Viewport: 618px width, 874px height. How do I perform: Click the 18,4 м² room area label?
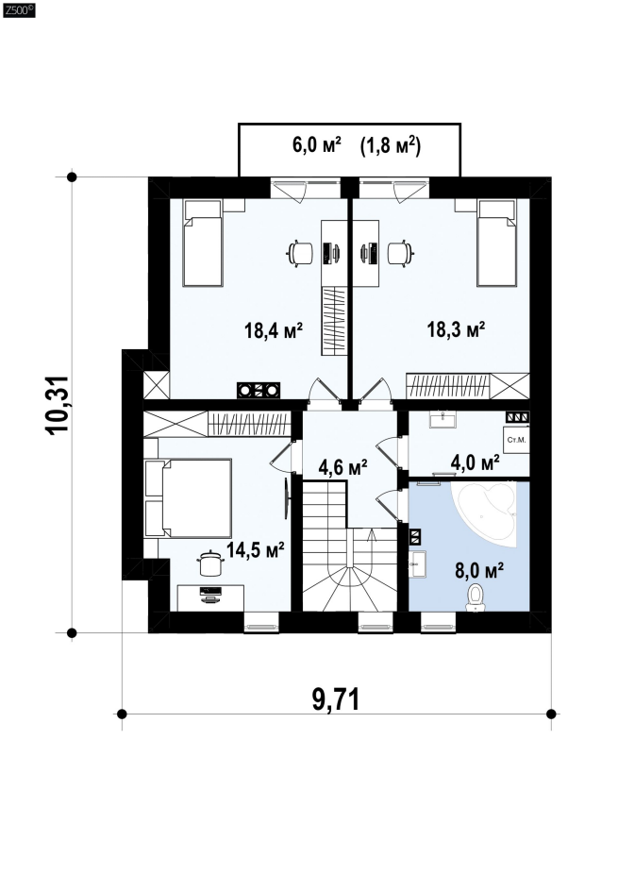pyautogui.click(x=273, y=330)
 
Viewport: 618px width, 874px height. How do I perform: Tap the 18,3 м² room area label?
pyautogui.click(x=456, y=328)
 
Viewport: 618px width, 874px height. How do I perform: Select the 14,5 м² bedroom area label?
pyautogui.click(x=256, y=550)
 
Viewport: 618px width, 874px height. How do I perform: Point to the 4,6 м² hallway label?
pyautogui.click(x=342, y=466)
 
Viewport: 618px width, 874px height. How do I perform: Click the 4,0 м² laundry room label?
pyautogui.click(x=475, y=462)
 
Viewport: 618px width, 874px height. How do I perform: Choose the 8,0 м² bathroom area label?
pyautogui.click(x=479, y=571)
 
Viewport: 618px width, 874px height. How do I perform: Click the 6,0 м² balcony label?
pyautogui.click(x=316, y=145)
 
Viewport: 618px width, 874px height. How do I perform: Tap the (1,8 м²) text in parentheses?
pyautogui.click(x=390, y=145)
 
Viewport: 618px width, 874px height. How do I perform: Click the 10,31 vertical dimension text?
pyautogui.click(x=58, y=405)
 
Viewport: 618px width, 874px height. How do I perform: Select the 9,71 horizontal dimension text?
pyautogui.click(x=336, y=699)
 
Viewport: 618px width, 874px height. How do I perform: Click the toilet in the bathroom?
pyautogui.click(x=476, y=597)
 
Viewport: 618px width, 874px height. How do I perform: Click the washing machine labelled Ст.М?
pyautogui.click(x=516, y=441)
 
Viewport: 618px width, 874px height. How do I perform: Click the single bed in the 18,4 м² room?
pyautogui.click(x=204, y=244)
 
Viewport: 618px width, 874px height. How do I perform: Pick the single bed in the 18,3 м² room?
pyautogui.click(x=497, y=244)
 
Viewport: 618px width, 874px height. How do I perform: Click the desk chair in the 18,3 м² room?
pyautogui.click(x=400, y=253)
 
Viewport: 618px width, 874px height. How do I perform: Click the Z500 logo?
pyautogui.click(x=18, y=9)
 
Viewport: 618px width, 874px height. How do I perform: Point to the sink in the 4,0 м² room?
pyautogui.click(x=443, y=419)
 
